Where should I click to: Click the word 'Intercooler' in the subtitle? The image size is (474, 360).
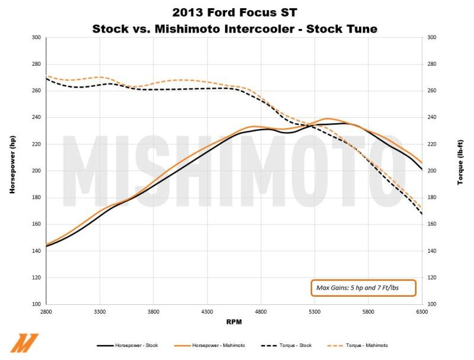[x=284, y=28]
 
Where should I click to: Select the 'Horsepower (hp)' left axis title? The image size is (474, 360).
[x=11, y=171]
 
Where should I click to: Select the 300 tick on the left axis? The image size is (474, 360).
[x=36, y=37]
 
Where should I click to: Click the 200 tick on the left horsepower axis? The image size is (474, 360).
[x=36, y=171]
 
